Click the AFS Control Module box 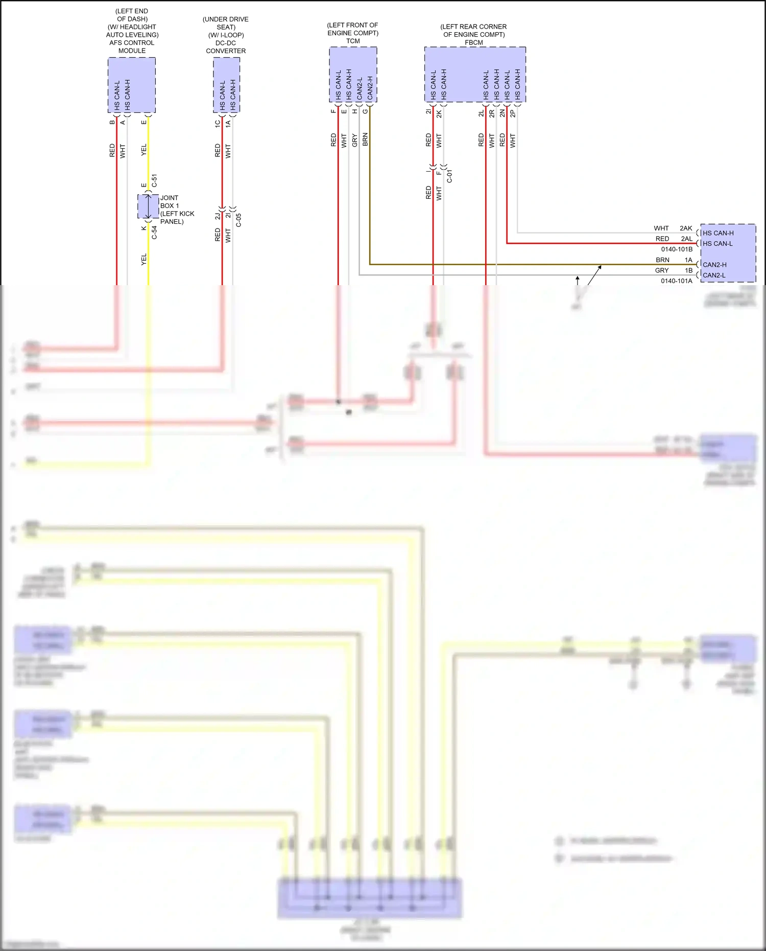(x=132, y=85)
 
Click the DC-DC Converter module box (x=226, y=85)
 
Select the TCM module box (x=353, y=75)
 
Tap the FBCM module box (x=475, y=75)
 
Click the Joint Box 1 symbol (x=148, y=206)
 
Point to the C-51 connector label (x=154, y=180)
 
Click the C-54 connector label (x=154, y=233)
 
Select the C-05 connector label (x=238, y=220)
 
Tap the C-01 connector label (x=449, y=176)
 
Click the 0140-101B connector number (x=677, y=249)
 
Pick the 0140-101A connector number (x=677, y=281)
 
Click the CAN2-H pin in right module (x=714, y=265)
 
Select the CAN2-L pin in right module (x=714, y=275)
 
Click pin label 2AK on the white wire (x=686, y=228)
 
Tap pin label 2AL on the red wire (x=686, y=239)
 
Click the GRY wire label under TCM (x=354, y=141)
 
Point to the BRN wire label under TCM (x=365, y=140)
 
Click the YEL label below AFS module (x=143, y=150)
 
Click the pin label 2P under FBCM (x=513, y=113)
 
